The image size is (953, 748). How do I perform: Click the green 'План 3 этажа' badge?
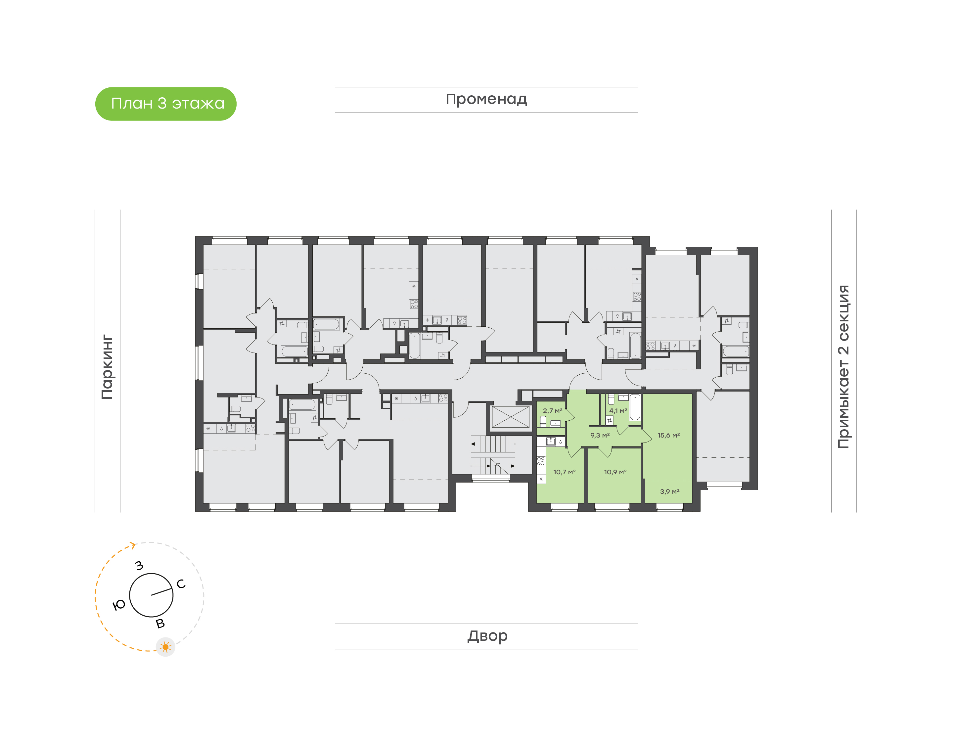(x=165, y=104)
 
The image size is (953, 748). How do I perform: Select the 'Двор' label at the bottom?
(x=487, y=635)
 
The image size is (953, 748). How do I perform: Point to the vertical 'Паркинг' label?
(x=107, y=367)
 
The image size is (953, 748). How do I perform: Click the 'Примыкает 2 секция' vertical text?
(x=843, y=367)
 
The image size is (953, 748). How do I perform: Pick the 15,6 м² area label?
(x=668, y=435)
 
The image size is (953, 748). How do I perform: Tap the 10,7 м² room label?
(x=564, y=472)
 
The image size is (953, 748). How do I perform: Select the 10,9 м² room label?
(x=615, y=472)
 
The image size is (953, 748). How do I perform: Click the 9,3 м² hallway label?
(x=600, y=435)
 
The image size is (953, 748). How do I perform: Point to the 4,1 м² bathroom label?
(x=618, y=411)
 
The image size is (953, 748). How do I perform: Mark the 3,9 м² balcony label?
(x=670, y=492)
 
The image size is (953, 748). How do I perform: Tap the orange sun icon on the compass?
(x=165, y=647)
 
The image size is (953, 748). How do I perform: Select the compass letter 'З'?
(x=139, y=565)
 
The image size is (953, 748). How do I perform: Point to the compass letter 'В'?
(x=160, y=624)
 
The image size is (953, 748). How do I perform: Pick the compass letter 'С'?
(x=181, y=584)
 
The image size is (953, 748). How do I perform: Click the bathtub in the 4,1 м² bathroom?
(x=635, y=408)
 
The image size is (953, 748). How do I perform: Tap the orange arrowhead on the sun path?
(x=133, y=545)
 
